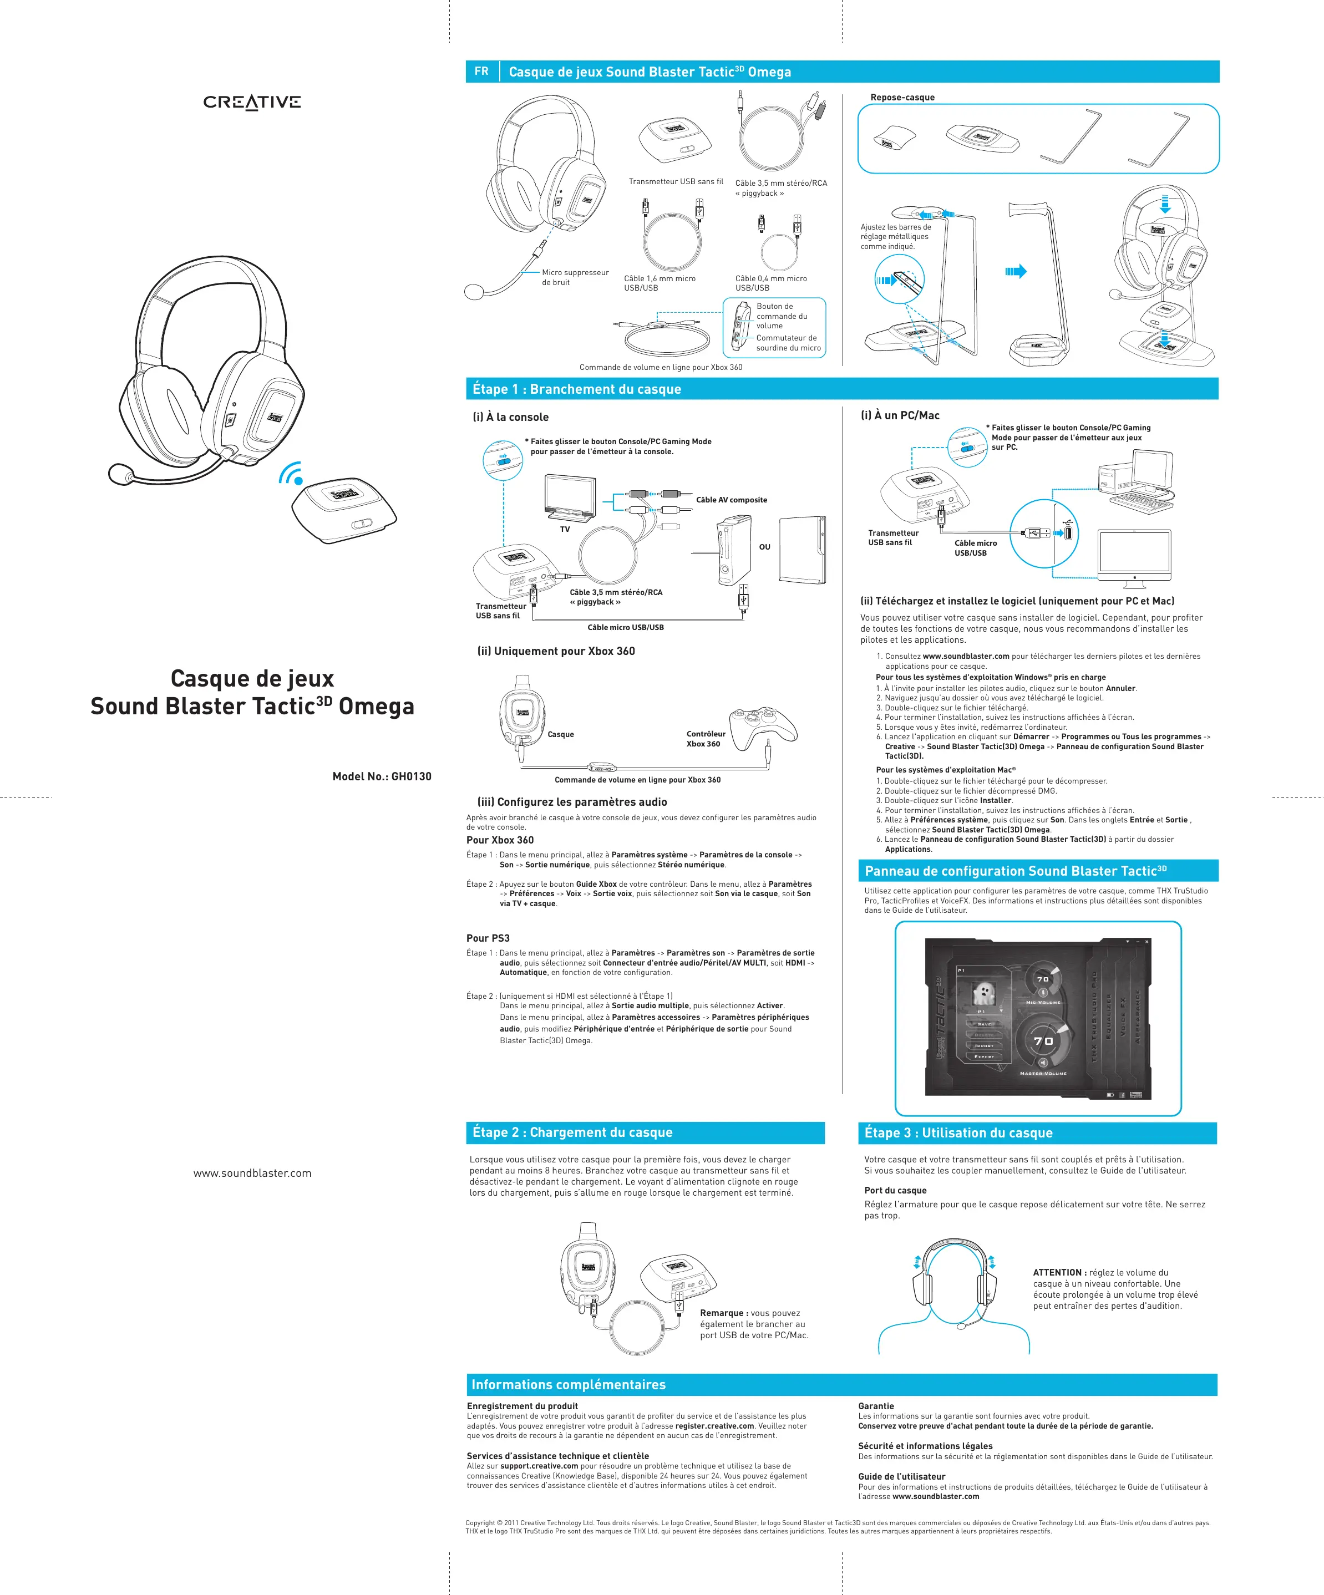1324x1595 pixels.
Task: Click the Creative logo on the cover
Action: coord(251,102)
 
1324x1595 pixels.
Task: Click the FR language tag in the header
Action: coord(481,72)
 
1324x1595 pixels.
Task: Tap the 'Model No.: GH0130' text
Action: coord(381,776)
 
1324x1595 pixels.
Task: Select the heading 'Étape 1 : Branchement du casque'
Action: coord(576,389)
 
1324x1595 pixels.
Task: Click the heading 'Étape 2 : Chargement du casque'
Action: coord(572,1132)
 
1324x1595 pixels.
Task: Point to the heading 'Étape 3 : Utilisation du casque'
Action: coord(958,1132)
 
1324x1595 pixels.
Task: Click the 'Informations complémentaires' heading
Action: coord(568,1385)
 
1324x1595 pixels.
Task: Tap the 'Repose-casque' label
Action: coord(902,97)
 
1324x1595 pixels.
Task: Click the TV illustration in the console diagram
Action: coord(570,497)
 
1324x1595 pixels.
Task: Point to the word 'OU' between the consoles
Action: coord(764,547)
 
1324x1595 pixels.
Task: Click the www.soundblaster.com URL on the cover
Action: coord(252,1174)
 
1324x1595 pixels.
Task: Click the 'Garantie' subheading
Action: coord(876,1406)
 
